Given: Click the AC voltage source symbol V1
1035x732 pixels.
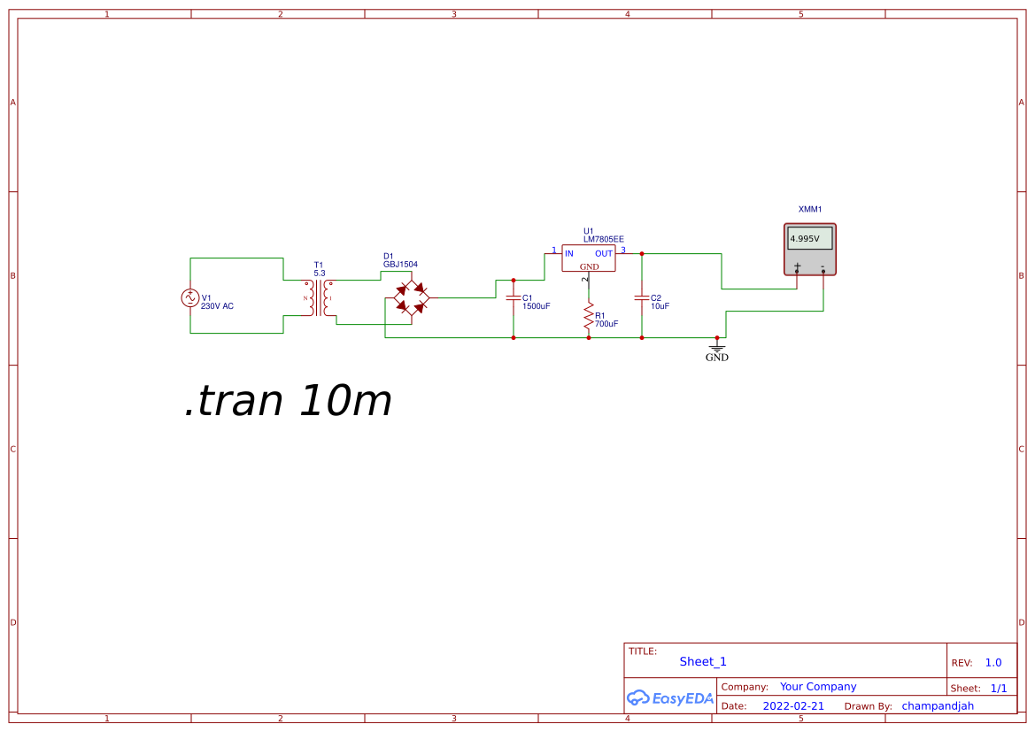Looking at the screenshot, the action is [x=190, y=298].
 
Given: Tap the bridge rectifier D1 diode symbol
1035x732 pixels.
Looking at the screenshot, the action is [x=412, y=297].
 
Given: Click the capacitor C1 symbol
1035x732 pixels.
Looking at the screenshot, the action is [x=513, y=298].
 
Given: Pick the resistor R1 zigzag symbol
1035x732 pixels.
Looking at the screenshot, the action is [x=589, y=317].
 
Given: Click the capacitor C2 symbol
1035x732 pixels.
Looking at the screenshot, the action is [x=642, y=298].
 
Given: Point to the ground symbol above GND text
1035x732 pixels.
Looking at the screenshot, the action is [x=717, y=347].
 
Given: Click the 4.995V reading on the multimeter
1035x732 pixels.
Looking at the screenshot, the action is [x=805, y=239].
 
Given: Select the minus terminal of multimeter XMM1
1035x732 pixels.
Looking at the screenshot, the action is [x=823, y=268].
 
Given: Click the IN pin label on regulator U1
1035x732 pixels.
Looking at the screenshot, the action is [x=569, y=253].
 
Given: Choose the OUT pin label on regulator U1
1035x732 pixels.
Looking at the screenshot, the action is [x=604, y=253].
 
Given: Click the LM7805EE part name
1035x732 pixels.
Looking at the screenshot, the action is [x=603, y=240].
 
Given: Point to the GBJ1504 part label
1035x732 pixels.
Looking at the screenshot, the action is [x=401, y=265].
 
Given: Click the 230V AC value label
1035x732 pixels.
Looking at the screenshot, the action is [x=217, y=306].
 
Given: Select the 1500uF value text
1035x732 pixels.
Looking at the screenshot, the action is [x=536, y=306].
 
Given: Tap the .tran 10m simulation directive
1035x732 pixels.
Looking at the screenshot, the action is [x=289, y=400].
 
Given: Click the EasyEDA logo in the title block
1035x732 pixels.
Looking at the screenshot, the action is [x=670, y=697].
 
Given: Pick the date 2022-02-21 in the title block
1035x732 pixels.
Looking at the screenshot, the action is [x=793, y=706].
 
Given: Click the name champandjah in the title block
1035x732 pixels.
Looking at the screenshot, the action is [x=938, y=706].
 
